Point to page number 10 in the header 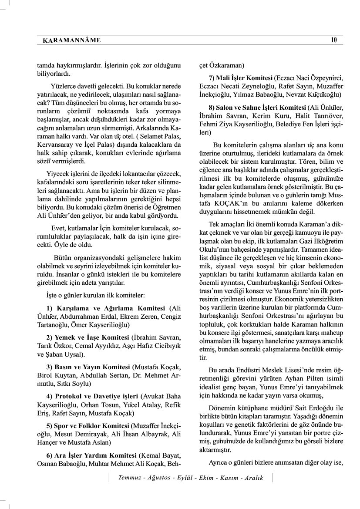tap(333, 40)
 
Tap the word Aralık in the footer tap(252, 478)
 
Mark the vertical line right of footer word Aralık tap(272, 478)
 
